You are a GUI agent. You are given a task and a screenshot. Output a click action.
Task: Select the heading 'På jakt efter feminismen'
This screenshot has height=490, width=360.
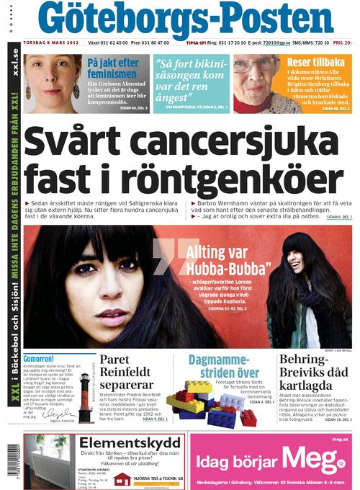pyautogui.click(x=112, y=68)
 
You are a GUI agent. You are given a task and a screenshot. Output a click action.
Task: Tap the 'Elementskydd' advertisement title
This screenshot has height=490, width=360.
pyautogui.click(x=119, y=442)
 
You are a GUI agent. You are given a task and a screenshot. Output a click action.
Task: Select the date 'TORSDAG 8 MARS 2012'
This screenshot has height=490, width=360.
pyautogui.click(x=53, y=43)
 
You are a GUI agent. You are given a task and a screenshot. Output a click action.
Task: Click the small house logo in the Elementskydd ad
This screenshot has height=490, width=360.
pyautogui.click(x=122, y=479)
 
